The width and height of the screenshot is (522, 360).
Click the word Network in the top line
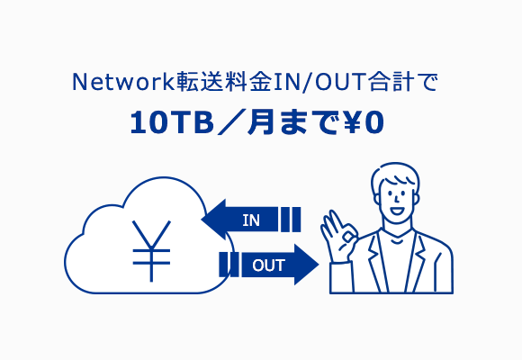pos(123,82)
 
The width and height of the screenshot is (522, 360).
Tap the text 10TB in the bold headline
pos(171,122)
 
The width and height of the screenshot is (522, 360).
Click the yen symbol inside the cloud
pos(151,251)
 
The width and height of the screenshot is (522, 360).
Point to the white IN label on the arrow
pos(251,220)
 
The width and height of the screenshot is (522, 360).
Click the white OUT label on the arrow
pos(269,265)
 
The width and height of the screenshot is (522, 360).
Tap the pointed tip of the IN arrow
pos(202,220)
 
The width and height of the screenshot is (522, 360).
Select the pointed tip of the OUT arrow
pos(319,265)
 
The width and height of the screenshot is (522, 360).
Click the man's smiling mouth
pos(397,211)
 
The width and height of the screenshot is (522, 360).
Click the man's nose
pos(397,199)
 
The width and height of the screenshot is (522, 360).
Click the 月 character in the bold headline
pos(261,122)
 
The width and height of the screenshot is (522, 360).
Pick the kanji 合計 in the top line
pos(391,82)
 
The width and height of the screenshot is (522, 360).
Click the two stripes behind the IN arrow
pos(291,220)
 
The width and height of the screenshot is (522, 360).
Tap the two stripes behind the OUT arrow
pos(229,265)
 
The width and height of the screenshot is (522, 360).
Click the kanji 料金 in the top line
pos(249,82)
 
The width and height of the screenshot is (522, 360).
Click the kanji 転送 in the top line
pos(201,82)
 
